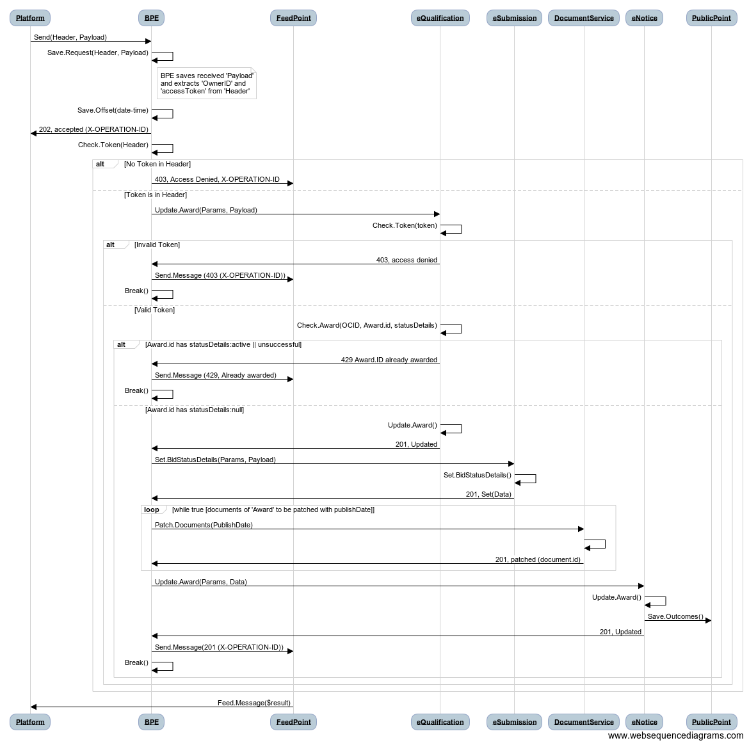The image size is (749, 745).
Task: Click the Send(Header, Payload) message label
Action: point(70,37)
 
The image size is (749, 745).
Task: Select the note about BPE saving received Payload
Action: point(207,83)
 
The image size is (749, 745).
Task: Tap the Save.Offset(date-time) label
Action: point(113,110)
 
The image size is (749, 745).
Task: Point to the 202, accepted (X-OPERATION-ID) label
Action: point(93,129)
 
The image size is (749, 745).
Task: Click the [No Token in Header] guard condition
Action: point(157,164)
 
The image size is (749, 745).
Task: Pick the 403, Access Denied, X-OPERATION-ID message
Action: point(218,180)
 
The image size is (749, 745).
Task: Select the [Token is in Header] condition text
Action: point(156,195)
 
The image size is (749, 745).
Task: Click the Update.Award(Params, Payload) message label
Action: point(206,210)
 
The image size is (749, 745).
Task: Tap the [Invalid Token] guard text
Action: point(157,244)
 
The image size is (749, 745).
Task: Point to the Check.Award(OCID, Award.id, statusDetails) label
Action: point(367,325)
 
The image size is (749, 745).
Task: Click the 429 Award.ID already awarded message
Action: point(389,360)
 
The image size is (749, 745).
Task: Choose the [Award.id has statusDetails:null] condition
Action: point(195,410)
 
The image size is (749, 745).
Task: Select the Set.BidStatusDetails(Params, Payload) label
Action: point(216,460)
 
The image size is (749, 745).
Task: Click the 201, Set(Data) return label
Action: point(488,494)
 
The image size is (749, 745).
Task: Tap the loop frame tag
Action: point(152,509)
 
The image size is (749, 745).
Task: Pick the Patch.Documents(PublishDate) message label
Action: point(204,525)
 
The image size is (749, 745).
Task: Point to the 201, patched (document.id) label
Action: point(538,559)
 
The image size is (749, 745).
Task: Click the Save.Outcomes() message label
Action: point(675,616)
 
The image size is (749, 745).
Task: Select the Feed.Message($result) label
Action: point(254,703)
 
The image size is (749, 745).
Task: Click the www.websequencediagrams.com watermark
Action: point(675,735)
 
